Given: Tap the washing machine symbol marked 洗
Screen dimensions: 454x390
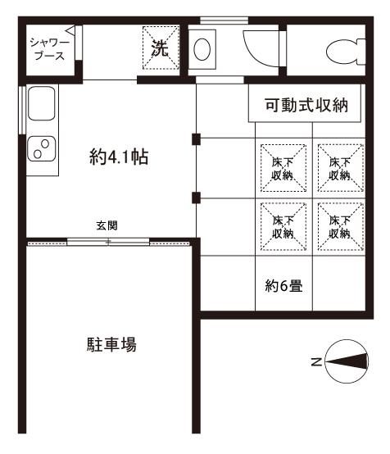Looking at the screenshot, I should click(161, 48).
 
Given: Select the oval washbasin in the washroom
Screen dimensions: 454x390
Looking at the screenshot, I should click(202, 51).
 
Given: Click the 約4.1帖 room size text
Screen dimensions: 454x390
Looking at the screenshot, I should click(118, 157).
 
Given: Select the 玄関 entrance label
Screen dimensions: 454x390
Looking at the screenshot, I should click(107, 226).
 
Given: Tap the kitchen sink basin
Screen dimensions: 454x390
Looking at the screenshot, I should click(40, 105).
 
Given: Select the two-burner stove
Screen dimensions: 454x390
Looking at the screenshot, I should click(40, 148).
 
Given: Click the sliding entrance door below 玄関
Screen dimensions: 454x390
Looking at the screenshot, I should click(107, 242).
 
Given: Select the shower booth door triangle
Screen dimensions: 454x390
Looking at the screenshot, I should click(70, 35).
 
